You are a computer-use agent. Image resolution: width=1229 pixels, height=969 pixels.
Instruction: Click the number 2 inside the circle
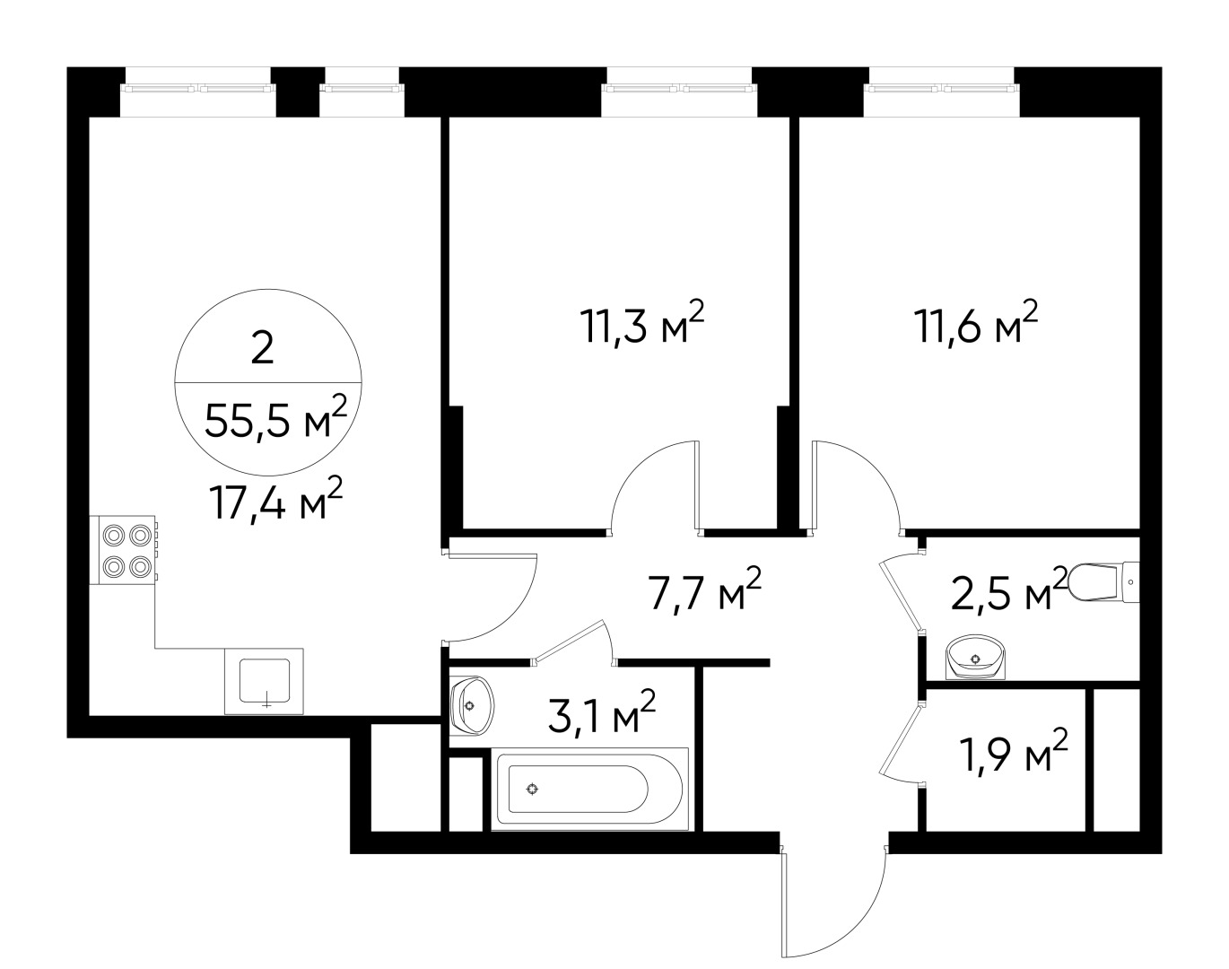click(x=262, y=349)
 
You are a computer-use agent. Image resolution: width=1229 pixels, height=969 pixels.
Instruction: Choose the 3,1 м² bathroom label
click(x=602, y=715)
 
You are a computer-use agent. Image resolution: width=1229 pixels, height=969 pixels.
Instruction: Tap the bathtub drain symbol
click(x=533, y=790)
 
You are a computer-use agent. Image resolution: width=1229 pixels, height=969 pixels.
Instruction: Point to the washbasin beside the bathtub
click(x=471, y=703)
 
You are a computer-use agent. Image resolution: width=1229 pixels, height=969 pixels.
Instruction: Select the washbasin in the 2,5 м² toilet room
click(x=976, y=658)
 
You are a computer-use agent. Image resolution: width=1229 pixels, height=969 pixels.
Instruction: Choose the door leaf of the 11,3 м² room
click(x=696, y=484)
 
